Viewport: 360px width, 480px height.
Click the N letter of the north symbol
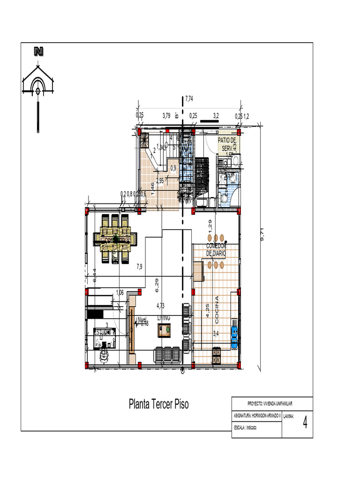click(38, 52)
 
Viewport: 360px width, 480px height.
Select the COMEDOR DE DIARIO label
click(216, 250)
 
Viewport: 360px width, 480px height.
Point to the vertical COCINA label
click(217, 310)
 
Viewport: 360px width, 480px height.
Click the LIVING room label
click(164, 318)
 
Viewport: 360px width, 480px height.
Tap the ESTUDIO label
click(104, 332)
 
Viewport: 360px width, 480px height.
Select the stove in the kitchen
click(217, 355)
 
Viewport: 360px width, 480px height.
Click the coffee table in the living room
click(165, 331)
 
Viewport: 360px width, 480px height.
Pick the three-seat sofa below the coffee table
click(167, 355)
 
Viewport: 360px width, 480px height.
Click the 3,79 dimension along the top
click(166, 115)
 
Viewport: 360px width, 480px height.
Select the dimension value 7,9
click(139, 267)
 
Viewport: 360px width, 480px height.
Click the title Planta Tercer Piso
click(159, 404)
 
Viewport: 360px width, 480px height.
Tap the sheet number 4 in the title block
click(305, 423)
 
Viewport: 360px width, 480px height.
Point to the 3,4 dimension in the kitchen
click(216, 334)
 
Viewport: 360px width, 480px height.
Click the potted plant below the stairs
click(184, 197)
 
